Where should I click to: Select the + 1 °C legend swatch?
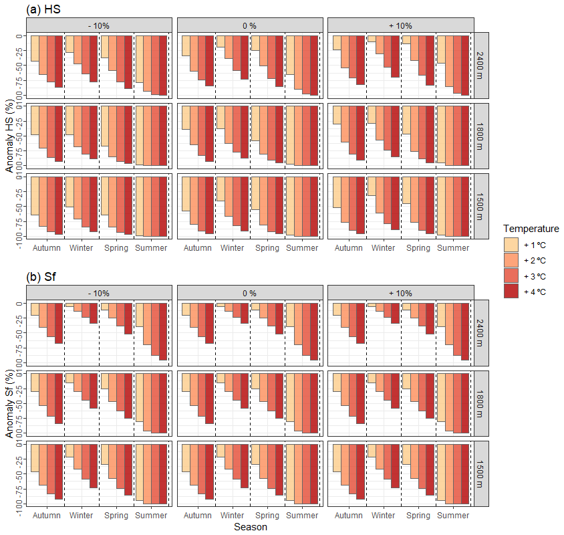511,244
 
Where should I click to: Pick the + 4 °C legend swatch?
511,292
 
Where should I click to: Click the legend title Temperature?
531,229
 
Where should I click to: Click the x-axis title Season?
250,527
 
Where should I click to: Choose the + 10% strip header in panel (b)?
400,293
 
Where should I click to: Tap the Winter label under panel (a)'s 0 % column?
232,248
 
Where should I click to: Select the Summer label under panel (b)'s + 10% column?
453,516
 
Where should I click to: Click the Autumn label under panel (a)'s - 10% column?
46,248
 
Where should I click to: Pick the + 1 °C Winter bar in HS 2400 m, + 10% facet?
372,39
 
